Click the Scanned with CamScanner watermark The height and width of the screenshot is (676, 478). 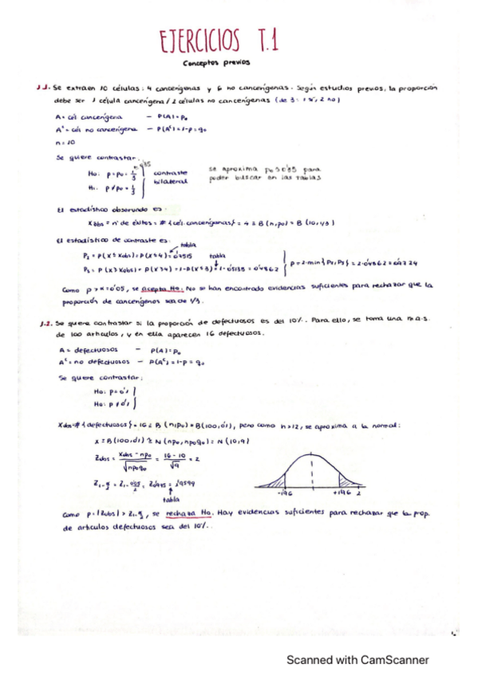(358, 659)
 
